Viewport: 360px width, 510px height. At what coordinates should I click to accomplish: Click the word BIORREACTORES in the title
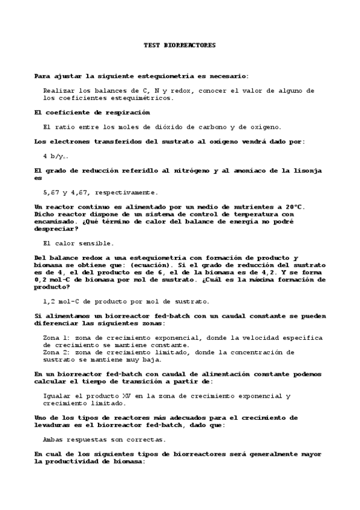click(189, 45)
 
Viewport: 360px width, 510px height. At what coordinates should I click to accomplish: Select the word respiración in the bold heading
click(128, 112)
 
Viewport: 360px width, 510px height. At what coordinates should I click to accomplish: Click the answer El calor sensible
click(78, 243)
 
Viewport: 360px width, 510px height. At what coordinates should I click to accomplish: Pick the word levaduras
click(55, 425)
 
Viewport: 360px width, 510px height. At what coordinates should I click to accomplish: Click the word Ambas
click(55, 439)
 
